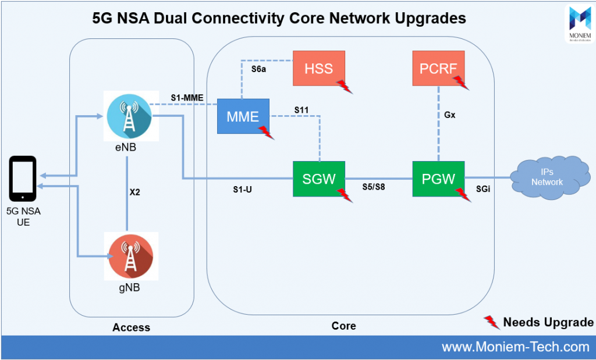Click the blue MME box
click(x=243, y=116)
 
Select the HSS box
click(x=318, y=69)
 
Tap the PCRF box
click(x=438, y=69)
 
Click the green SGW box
click(x=319, y=179)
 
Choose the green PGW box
click(x=438, y=179)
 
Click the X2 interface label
click(x=134, y=193)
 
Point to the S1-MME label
click(x=187, y=97)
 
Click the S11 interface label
click(x=301, y=109)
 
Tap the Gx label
click(x=449, y=115)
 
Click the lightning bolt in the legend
click(x=492, y=322)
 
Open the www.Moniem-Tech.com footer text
click(x=515, y=347)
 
